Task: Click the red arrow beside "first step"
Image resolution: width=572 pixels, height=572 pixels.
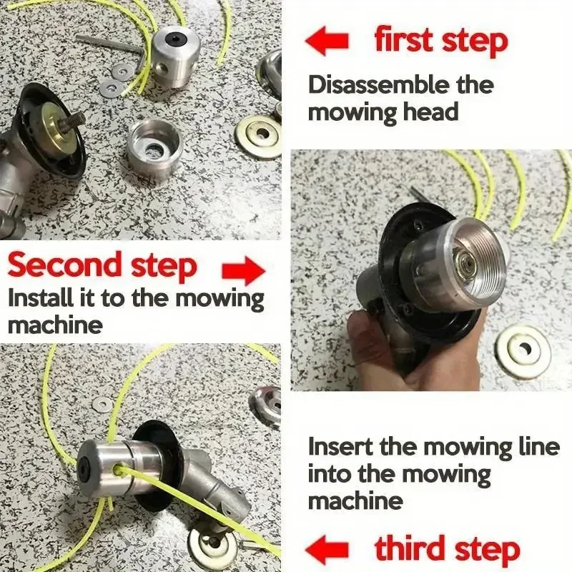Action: click(327, 41)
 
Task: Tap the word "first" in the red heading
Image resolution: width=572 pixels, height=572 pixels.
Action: click(405, 41)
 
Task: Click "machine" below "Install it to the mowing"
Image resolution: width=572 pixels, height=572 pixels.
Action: click(54, 325)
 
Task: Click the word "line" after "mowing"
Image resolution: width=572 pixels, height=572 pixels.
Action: click(537, 448)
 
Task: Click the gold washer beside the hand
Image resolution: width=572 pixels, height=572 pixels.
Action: click(523, 351)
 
